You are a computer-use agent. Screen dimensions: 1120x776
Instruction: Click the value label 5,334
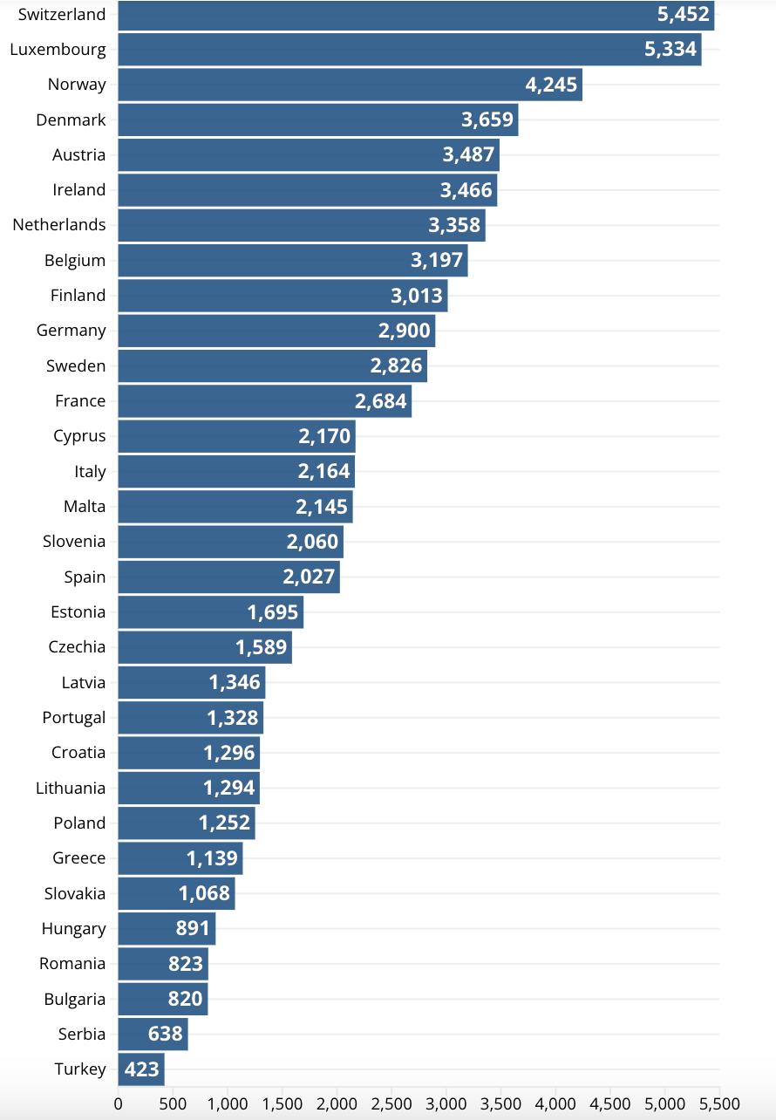670,50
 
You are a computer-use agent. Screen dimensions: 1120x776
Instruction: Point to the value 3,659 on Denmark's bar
487,120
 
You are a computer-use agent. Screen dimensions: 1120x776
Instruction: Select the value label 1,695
273,612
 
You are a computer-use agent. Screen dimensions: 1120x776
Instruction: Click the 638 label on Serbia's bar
166,1035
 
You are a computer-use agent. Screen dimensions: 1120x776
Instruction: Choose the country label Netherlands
59,225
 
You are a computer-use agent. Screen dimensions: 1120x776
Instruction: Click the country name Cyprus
79,436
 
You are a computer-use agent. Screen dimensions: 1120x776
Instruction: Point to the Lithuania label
71,788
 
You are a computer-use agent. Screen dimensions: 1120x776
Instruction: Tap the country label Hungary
73,929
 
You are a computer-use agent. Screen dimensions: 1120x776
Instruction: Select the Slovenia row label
74,542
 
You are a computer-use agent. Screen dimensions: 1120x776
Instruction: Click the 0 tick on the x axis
118,1102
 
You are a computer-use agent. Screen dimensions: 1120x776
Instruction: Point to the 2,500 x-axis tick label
391,1102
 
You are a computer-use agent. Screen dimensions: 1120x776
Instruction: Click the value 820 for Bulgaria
186,1000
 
